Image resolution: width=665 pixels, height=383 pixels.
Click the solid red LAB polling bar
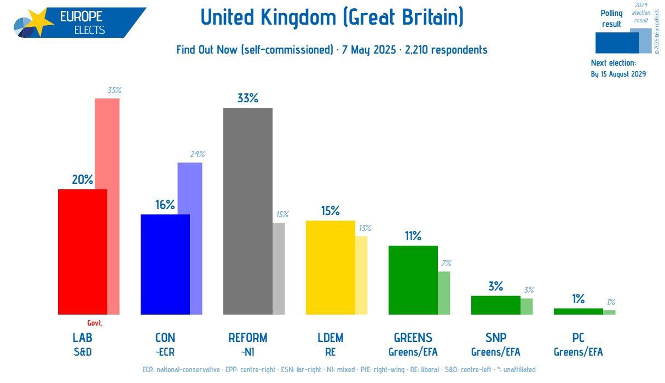[82, 252]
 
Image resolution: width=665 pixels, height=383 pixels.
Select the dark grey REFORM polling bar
[247, 211]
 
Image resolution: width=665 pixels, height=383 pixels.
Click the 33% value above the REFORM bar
[247, 98]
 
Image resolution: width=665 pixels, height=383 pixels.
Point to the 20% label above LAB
[82, 179]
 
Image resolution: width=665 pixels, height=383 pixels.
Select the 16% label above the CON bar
[164, 205]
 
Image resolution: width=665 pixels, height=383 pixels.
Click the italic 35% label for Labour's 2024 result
[114, 90]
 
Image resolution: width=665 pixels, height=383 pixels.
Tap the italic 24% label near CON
[197, 154]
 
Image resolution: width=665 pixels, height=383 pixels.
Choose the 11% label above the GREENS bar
[413, 236]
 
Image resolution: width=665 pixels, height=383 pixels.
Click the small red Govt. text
[95, 323]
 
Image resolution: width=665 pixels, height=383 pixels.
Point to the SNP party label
[495, 338]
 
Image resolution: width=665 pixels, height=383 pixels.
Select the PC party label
[578, 338]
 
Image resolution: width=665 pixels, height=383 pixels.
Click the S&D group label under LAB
[82, 352]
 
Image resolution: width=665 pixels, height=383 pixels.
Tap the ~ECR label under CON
[165, 352]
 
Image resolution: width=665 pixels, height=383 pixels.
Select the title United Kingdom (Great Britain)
[332, 18]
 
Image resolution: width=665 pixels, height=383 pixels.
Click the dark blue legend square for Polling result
[616, 43]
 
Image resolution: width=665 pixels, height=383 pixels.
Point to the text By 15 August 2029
[618, 74]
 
